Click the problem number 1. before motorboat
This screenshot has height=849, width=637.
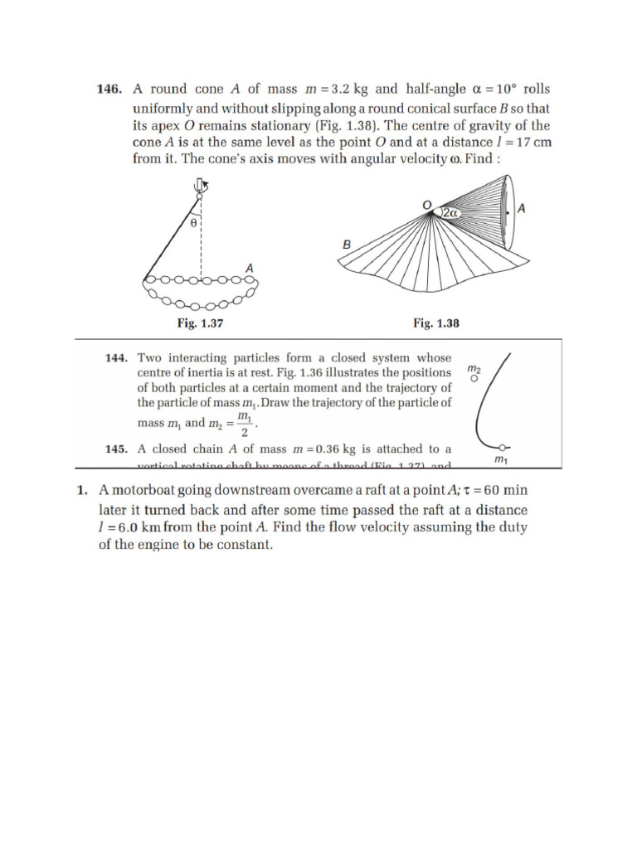tap(82, 491)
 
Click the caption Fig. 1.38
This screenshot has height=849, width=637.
tap(435, 324)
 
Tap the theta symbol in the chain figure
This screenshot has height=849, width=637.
tap(193, 223)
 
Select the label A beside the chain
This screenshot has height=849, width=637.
tap(249, 267)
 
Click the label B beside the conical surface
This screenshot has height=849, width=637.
tap(347, 245)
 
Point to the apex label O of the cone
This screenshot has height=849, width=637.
tap(425, 204)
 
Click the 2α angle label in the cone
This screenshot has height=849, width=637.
tap(451, 213)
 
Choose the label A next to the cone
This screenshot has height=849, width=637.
tap(521, 211)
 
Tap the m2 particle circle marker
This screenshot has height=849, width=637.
tap(474, 378)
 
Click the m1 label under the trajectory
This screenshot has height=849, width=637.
tap(500, 458)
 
